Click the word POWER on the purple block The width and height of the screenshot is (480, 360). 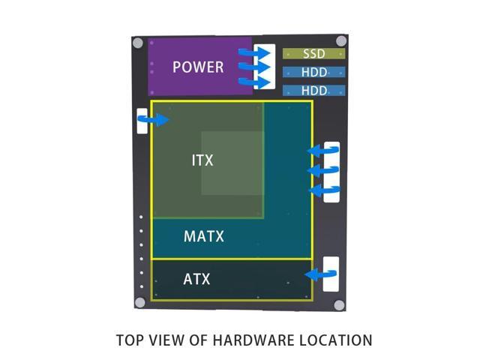pyautogui.click(x=198, y=67)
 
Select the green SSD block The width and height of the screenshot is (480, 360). pyautogui.click(x=314, y=54)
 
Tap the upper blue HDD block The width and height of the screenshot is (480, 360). pyautogui.click(x=314, y=73)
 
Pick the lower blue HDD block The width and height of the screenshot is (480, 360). pyautogui.click(x=314, y=90)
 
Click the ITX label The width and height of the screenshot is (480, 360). pyautogui.click(x=202, y=160)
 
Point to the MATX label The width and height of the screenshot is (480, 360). pyautogui.click(x=204, y=237)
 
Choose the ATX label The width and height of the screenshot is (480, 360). pyautogui.click(x=196, y=280)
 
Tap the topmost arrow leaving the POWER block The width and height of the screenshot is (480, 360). pyautogui.click(x=248, y=52)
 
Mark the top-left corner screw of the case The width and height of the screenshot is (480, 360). pyautogui.click(x=138, y=43)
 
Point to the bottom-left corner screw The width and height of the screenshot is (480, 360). pyautogui.click(x=139, y=303)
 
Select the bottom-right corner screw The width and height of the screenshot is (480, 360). pyautogui.click(x=339, y=305)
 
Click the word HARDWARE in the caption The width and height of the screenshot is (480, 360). pyautogui.click(x=247, y=340)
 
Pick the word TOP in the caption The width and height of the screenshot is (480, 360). pyautogui.click(x=130, y=340)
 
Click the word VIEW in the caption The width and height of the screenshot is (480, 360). pyautogui.click(x=168, y=340)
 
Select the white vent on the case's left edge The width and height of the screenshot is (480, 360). pyautogui.click(x=142, y=121)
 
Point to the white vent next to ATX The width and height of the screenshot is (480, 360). pyautogui.click(x=331, y=274)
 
